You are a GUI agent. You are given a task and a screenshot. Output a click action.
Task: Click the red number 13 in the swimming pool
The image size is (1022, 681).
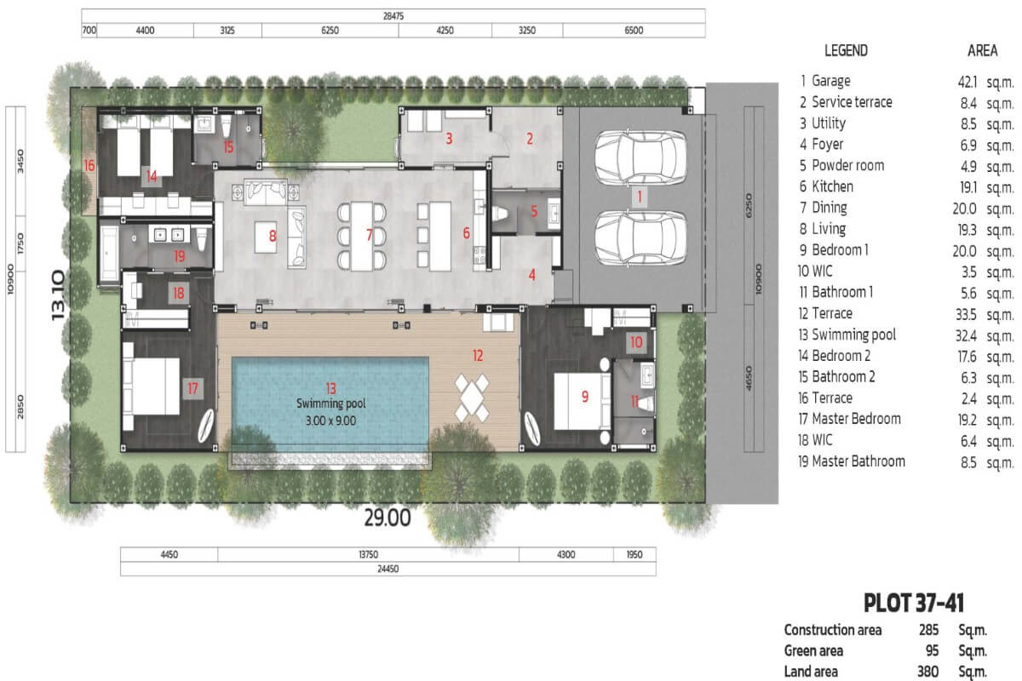click(x=330, y=388)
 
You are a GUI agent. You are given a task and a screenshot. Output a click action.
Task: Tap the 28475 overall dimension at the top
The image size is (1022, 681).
click(x=393, y=16)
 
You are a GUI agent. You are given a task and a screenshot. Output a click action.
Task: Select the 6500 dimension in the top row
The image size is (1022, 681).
click(x=634, y=31)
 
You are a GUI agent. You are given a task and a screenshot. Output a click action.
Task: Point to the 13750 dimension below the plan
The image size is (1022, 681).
click(x=368, y=555)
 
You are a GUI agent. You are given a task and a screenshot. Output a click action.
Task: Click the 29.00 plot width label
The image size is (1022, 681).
click(x=388, y=518)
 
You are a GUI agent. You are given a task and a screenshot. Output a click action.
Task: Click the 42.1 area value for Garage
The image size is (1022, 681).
click(x=967, y=82)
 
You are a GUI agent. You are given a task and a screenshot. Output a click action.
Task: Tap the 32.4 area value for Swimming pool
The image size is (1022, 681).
click(x=966, y=335)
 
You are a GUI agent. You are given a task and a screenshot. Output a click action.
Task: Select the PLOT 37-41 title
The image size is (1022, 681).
click(x=914, y=603)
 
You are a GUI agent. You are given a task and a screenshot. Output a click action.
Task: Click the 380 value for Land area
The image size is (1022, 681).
click(x=928, y=672)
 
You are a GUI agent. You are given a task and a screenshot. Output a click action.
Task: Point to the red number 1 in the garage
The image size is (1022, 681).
click(x=640, y=197)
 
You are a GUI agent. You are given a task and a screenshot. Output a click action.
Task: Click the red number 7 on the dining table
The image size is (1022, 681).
click(x=369, y=235)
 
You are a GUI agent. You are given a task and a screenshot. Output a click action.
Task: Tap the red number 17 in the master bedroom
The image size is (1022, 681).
click(x=193, y=388)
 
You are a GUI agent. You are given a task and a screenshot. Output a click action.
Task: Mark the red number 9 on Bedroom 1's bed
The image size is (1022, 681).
click(x=585, y=397)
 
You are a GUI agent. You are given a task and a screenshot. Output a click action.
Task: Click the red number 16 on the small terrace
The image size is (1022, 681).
click(x=89, y=166)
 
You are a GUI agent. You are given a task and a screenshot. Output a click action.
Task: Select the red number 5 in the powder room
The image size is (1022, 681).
click(x=534, y=211)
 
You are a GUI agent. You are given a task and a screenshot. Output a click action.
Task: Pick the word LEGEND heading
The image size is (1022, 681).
click(x=846, y=50)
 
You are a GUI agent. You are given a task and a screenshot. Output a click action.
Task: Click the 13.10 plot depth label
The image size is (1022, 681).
click(x=58, y=295)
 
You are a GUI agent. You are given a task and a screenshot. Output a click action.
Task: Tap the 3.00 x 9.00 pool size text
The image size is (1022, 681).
click(x=330, y=421)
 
